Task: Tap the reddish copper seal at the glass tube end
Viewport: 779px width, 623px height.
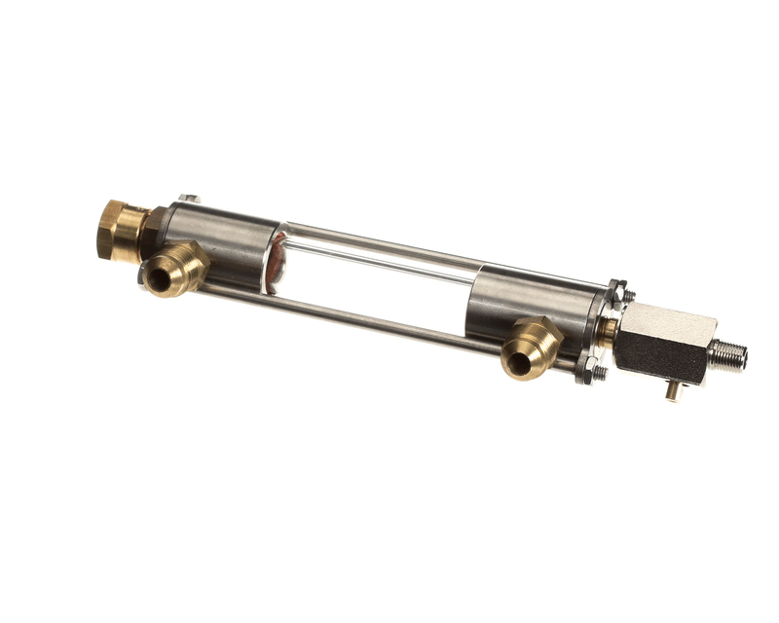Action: pyautogui.click(x=278, y=264)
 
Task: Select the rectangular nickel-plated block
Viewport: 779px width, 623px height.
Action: pyautogui.click(x=667, y=341)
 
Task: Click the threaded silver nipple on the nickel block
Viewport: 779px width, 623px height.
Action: pyautogui.click(x=729, y=356)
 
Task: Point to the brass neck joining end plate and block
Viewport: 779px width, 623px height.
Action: pyautogui.click(x=608, y=331)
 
